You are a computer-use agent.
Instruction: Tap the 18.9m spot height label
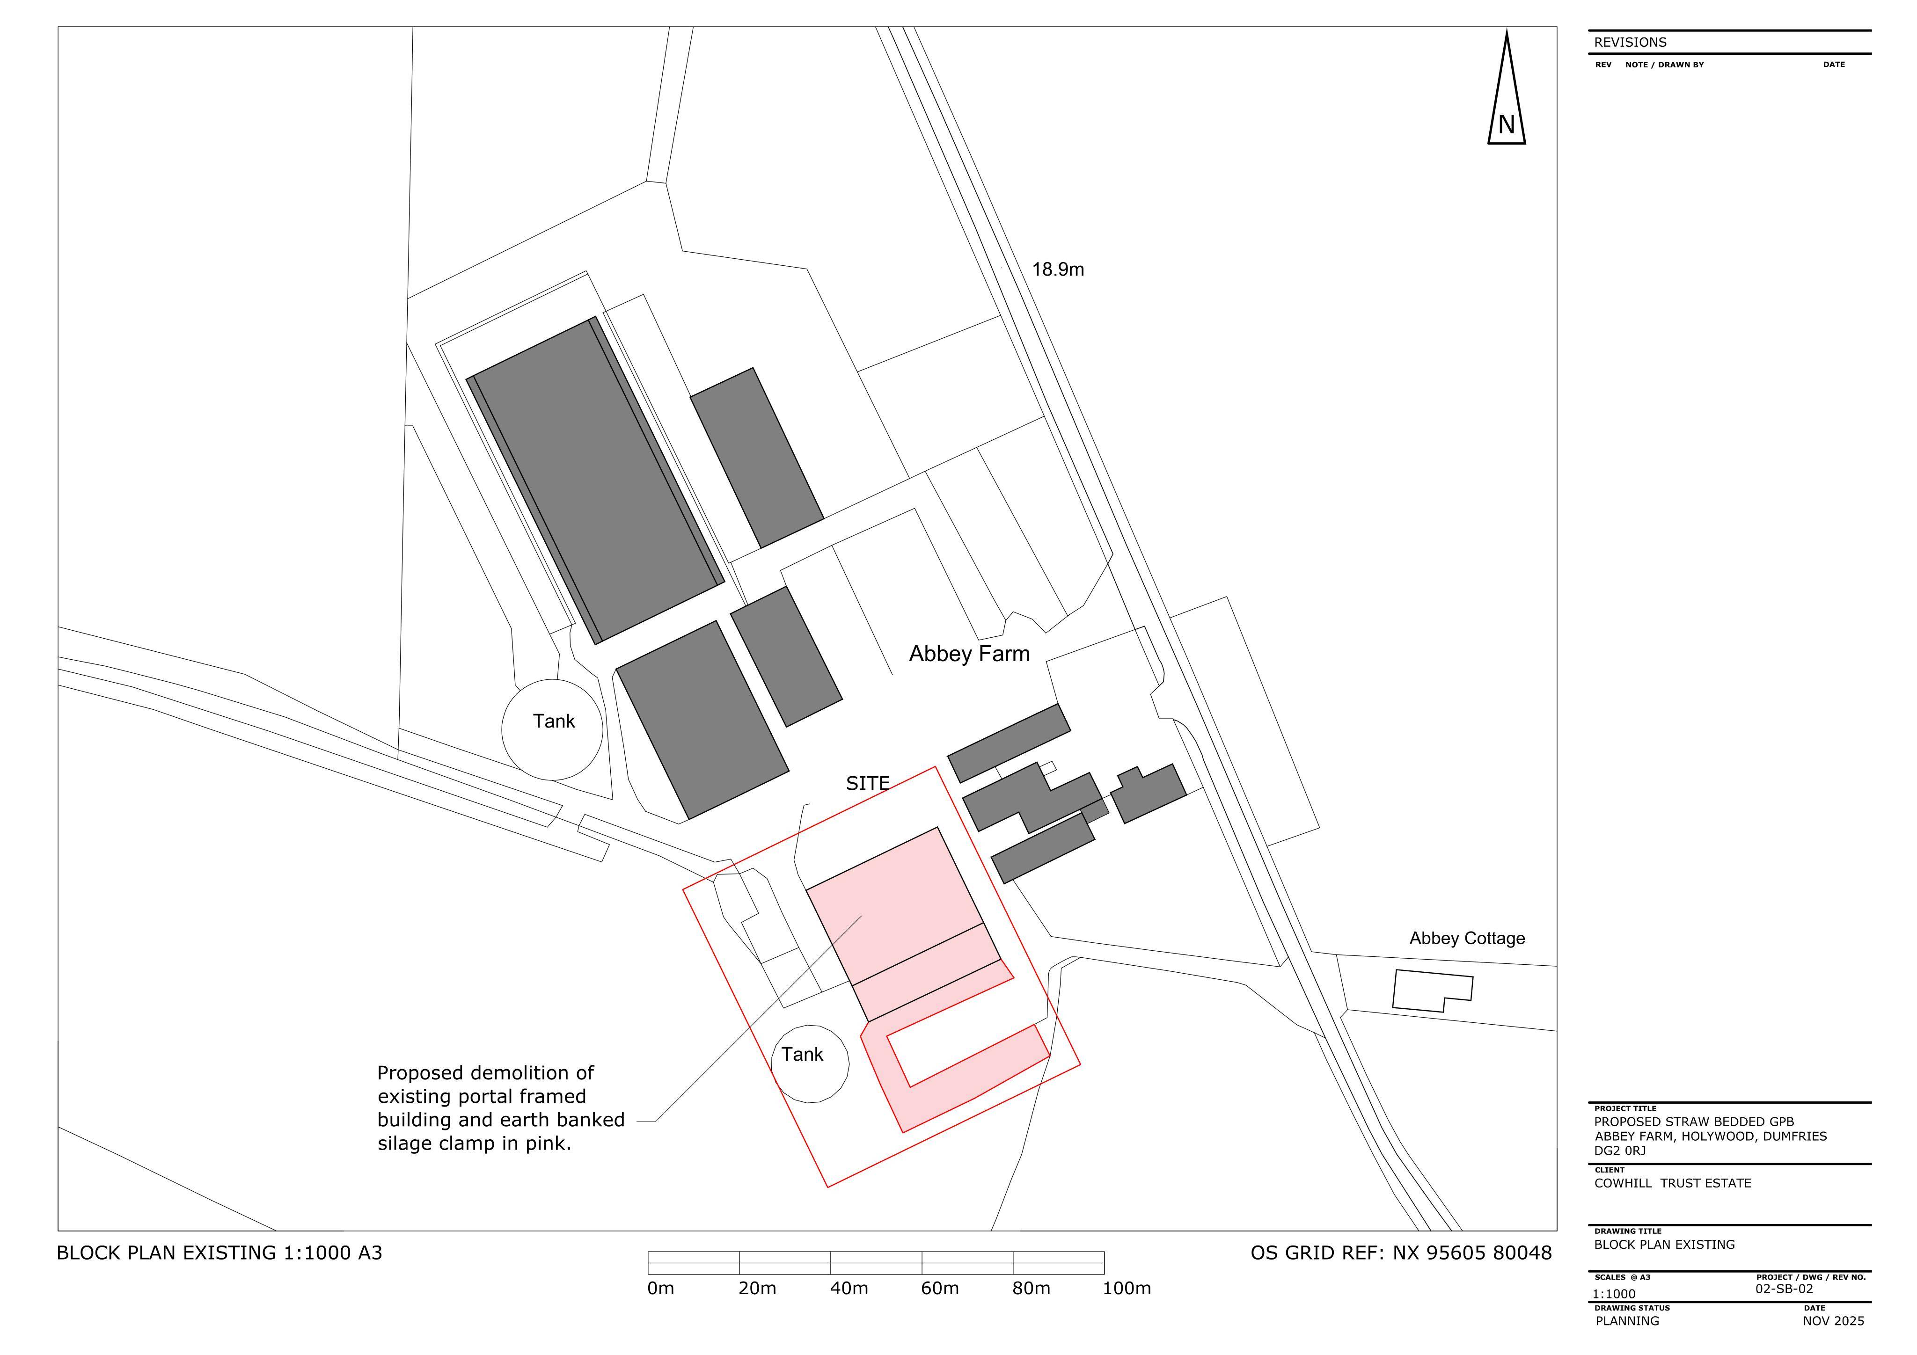(1058, 270)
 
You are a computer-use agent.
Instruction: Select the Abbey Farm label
(969, 654)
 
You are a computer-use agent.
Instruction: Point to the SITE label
(868, 783)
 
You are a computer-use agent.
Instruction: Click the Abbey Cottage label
(1467, 939)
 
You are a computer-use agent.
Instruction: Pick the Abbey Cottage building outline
(1433, 991)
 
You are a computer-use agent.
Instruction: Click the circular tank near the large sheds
(552, 730)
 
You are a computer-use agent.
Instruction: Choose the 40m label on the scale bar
(849, 1288)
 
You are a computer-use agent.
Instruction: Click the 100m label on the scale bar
(1127, 1288)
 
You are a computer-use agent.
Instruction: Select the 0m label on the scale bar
(660, 1288)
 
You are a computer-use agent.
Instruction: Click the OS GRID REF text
(1401, 1253)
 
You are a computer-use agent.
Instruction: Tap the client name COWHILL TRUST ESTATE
(1672, 1183)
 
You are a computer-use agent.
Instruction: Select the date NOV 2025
(1834, 1321)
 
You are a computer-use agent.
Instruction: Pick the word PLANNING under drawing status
(1627, 1321)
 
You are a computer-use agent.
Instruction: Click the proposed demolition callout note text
(501, 1108)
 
